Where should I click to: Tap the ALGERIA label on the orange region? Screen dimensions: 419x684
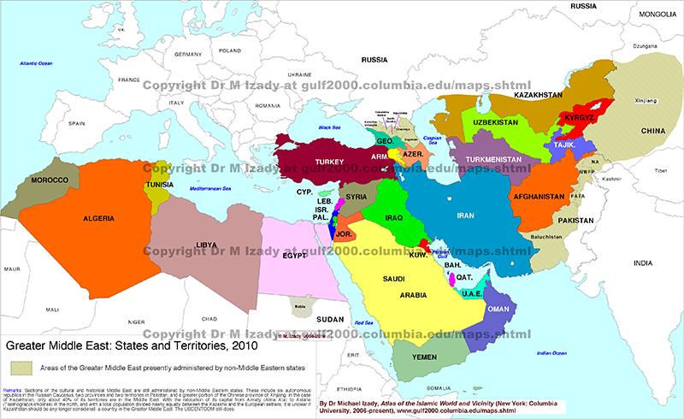[x=98, y=219]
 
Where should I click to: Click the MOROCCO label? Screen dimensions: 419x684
[x=50, y=181]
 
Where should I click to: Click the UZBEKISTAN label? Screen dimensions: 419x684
[x=496, y=123]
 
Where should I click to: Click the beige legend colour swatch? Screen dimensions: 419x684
[x=21, y=367]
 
